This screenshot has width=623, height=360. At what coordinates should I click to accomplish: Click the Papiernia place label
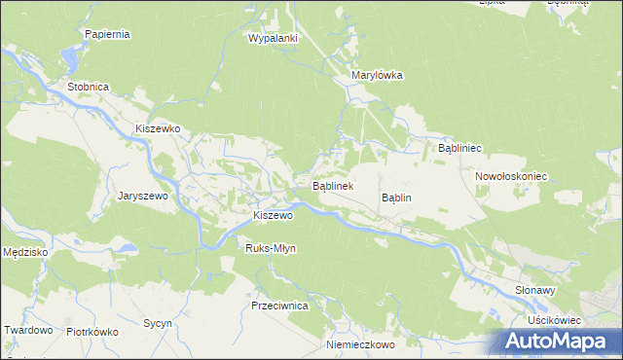pyautogui.click(x=107, y=34)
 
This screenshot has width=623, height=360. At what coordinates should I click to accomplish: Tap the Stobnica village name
pyautogui.click(x=88, y=87)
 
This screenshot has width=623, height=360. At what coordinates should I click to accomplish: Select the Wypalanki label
pyautogui.click(x=273, y=38)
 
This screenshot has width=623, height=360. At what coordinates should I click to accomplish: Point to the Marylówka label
pyautogui.click(x=377, y=75)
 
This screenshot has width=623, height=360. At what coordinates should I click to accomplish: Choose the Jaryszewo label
pyautogui.click(x=144, y=196)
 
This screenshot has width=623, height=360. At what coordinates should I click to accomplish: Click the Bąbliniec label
pyautogui.click(x=460, y=148)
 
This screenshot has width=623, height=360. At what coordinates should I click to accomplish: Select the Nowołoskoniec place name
pyautogui.click(x=511, y=177)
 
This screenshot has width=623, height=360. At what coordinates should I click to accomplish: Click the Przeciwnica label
pyautogui.click(x=279, y=306)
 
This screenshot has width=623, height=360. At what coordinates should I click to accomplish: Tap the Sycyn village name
pyautogui.click(x=157, y=323)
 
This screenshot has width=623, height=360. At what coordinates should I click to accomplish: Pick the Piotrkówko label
pyautogui.click(x=92, y=332)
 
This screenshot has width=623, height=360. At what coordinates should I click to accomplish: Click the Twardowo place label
pyautogui.click(x=27, y=330)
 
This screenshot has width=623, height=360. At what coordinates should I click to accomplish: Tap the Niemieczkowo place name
pyautogui.click(x=359, y=345)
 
